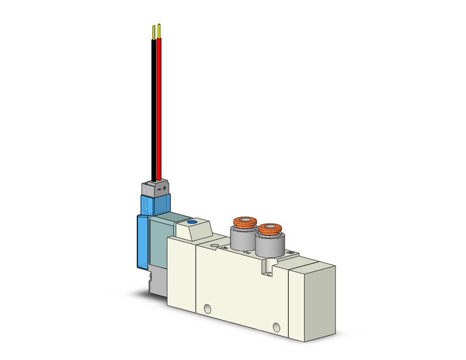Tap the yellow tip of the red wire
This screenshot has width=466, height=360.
[x=159, y=29]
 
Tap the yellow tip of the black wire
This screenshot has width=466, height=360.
[x=153, y=30]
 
